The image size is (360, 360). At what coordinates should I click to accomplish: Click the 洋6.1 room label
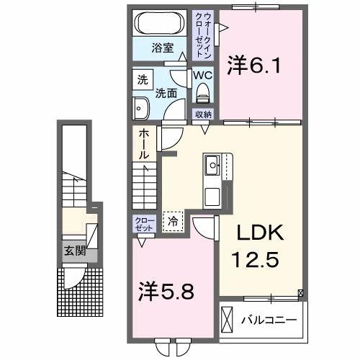pos(253,66)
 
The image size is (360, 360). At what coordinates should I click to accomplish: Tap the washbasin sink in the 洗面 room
pos(140,108)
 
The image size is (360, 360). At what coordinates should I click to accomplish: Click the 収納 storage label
pos(202,114)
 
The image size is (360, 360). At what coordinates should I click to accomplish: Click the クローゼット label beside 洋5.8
pos(140,223)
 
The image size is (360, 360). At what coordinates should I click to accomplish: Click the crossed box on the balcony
pos(228,318)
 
